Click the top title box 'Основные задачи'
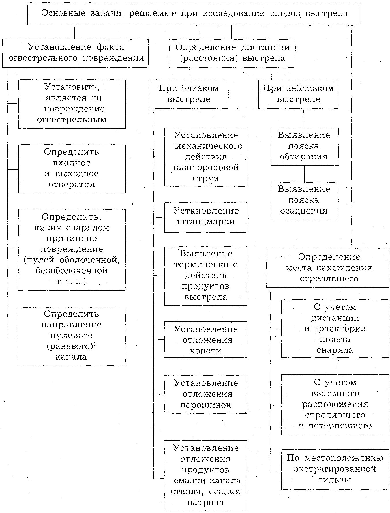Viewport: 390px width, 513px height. pos(194,14)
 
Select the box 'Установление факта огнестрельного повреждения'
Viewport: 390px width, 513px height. pos(75,53)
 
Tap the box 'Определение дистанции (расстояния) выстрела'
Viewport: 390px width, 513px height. pos(232,53)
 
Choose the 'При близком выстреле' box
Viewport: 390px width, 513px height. pos(188,94)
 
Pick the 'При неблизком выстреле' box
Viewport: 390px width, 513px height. pos(298,94)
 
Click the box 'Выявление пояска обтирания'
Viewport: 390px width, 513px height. pos(305,146)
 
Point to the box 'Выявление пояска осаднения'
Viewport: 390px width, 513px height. pos(305,201)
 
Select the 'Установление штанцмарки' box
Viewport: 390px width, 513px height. pos(206,217)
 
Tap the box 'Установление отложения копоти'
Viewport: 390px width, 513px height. pos(206,340)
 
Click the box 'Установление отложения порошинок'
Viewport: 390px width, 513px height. pos(206,394)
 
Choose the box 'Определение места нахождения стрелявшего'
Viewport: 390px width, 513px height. pos(327,268)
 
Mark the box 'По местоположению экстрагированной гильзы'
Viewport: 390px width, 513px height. pos(335,469)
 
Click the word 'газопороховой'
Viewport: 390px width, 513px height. pos(206,168)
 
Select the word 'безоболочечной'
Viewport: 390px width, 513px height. pos(72,271)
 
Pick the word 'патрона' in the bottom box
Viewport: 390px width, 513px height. pos(205,502)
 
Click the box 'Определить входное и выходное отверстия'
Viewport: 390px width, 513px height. pos(72,168)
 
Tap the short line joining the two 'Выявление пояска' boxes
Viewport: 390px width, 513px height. pos(304,174)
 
